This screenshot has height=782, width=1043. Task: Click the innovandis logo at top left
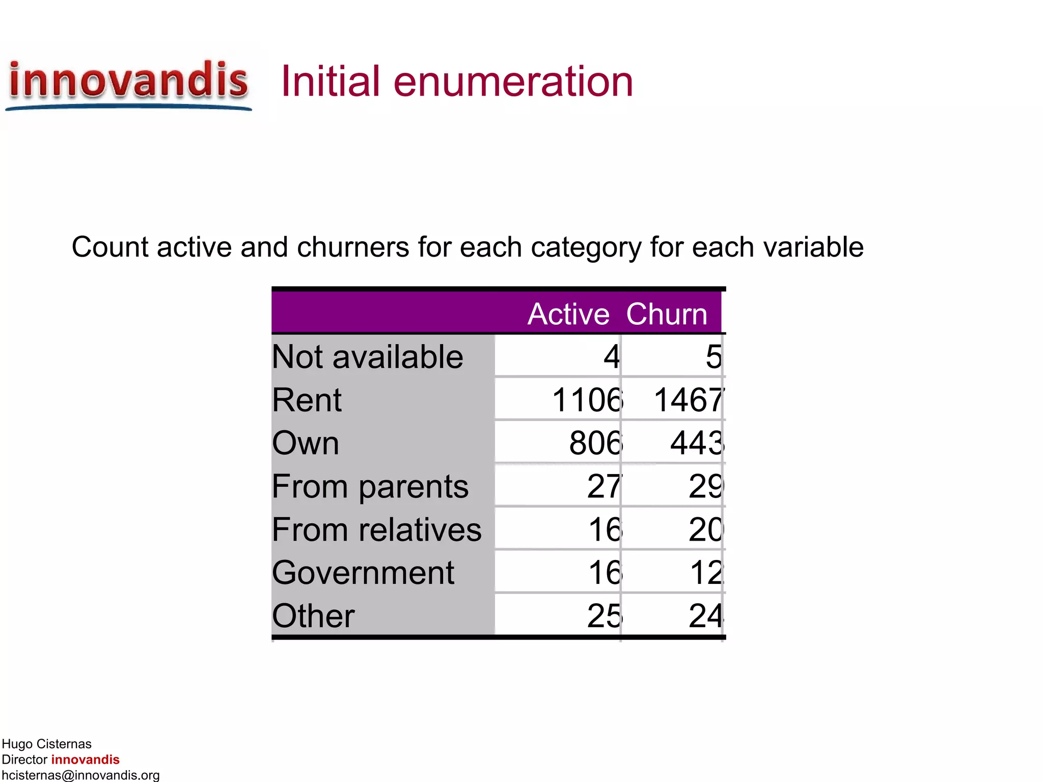point(128,82)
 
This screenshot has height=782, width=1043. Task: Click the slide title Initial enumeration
point(457,81)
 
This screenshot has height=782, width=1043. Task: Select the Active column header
point(568,314)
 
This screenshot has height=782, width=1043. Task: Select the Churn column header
point(667,314)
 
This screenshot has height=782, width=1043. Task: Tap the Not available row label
point(367,356)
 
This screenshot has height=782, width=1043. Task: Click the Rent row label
point(307,400)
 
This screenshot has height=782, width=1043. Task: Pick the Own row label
point(306,443)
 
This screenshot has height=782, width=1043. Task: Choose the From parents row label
point(370,486)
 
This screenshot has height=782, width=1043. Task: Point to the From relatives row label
point(376,529)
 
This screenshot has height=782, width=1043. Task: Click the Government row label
point(363,573)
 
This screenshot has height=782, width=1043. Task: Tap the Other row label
point(313,616)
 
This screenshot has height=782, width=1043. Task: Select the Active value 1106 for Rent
point(587,400)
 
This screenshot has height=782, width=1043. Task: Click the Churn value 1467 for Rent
point(689,400)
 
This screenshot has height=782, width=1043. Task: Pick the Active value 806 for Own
point(595,443)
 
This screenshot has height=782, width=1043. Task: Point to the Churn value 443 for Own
point(697,443)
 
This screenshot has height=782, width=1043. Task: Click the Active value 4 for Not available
point(612,356)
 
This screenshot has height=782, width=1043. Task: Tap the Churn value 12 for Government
point(706,573)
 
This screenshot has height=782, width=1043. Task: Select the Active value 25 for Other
point(604,616)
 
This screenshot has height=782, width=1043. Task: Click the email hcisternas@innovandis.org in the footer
point(80,775)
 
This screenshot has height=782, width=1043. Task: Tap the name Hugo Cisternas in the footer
point(46,744)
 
